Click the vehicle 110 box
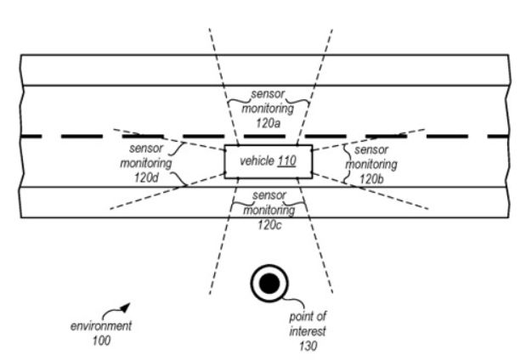pos(268,161)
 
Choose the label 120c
pos(269,223)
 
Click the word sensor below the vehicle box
pos(269,195)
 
